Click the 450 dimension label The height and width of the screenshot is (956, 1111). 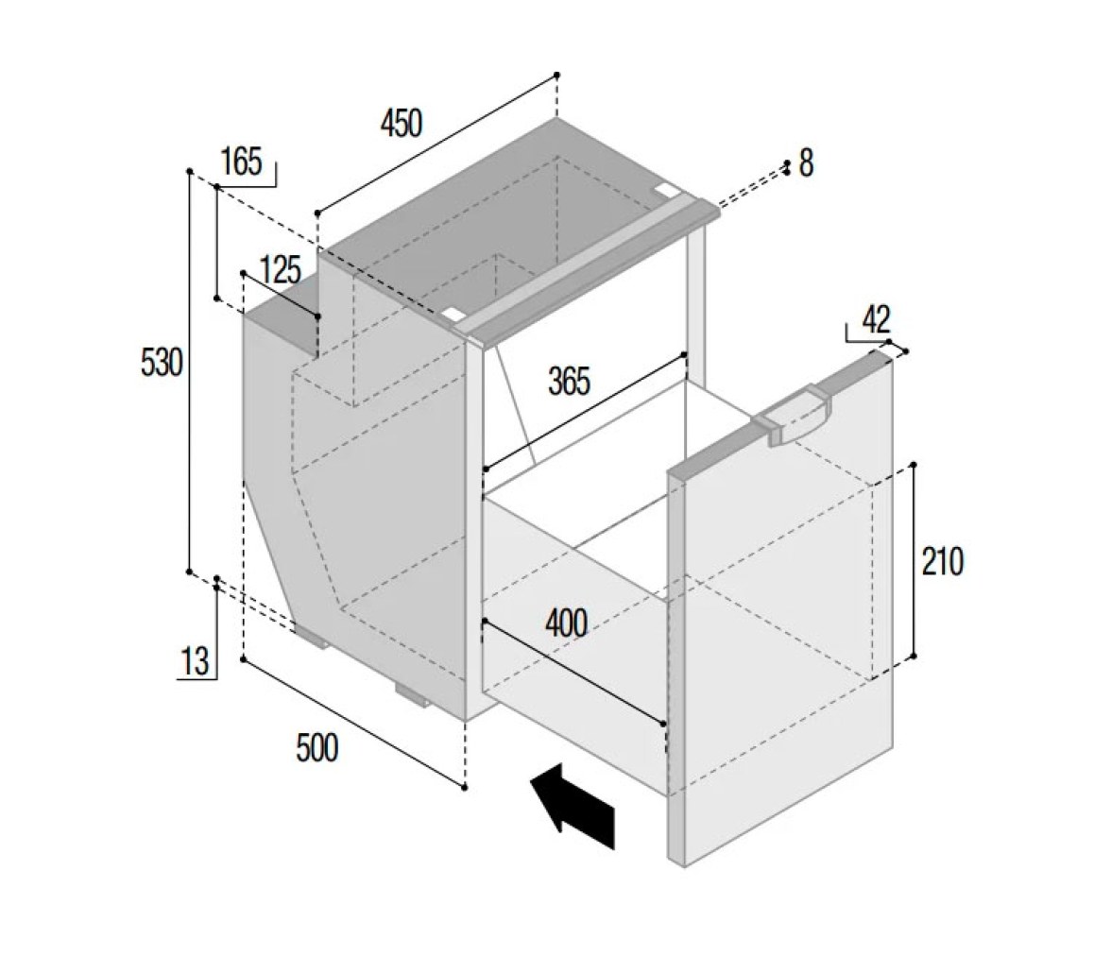pyautogui.click(x=401, y=123)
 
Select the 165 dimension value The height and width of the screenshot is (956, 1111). pyautogui.click(x=242, y=162)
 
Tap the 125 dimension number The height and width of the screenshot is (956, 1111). pyautogui.click(x=281, y=270)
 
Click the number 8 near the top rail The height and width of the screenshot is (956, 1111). pyautogui.click(x=807, y=163)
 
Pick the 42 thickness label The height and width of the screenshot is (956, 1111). pyautogui.click(x=876, y=320)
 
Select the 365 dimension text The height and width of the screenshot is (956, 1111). pyautogui.click(x=569, y=382)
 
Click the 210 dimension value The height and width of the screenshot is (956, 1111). pyautogui.click(x=943, y=562)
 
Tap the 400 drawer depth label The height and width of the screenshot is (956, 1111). pyautogui.click(x=566, y=623)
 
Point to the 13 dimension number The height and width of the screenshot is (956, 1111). pyautogui.click(x=196, y=662)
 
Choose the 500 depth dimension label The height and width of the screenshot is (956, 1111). pyautogui.click(x=316, y=748)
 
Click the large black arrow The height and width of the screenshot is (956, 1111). pyautogui.click(x=573, y=806)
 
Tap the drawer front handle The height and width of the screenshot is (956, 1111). pyautogui.click(x=794, y=416)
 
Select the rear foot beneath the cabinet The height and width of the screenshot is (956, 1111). pyautogui.click(x=312, y=635)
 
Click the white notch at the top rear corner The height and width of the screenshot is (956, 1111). pyautogui.click(x=667, y=189)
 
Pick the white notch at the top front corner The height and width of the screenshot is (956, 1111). pyautogui.click(x=453, y=313)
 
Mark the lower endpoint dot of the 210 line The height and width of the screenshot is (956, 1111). pyautogui.click(x=913, y=657)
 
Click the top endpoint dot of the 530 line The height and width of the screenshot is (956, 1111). pyautogui.click(x=189, y=172)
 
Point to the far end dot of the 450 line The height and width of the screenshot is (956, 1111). pyautogui.click(x=557, y=75)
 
